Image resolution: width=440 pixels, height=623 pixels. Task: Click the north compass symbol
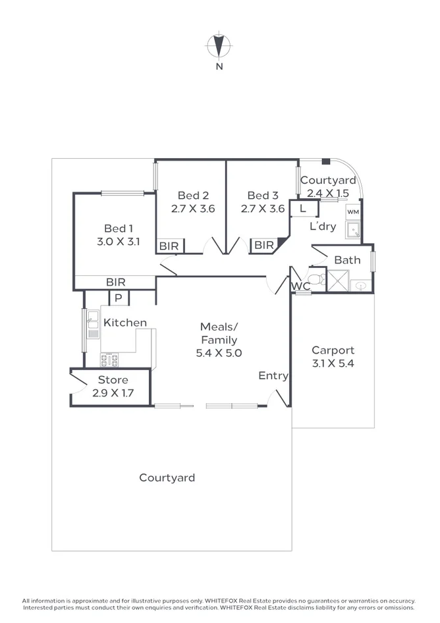click(219, 45)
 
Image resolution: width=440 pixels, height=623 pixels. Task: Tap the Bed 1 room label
click(119, 229)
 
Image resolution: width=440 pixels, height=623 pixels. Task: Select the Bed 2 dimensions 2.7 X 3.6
click(193, 209)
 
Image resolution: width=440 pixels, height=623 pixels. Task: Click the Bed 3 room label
click(263, 196)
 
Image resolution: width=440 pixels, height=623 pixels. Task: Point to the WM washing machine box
click(353, 212)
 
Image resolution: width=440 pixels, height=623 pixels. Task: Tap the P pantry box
click(119, 298)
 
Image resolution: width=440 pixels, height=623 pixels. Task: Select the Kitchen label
click(125, 323)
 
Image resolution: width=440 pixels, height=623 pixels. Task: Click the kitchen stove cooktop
click(109, 360)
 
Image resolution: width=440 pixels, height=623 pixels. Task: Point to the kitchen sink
click(93, 324)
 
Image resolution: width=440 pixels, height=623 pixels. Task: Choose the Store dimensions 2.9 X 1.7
click(113, 393)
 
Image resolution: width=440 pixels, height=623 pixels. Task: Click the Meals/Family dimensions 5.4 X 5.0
click(219, 353)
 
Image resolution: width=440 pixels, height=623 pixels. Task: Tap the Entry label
click(273, 376)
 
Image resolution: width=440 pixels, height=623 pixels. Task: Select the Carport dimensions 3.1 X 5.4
click(333, 363)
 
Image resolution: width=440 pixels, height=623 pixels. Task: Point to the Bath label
click(347, 260)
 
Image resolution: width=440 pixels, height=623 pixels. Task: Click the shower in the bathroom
click(339, 281)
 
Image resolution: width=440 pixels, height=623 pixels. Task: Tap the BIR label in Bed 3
click(264, 245)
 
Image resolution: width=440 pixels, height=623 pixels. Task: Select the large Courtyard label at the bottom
click(167, 477)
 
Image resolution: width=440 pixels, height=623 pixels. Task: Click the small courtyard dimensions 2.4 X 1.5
click(328, 194)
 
